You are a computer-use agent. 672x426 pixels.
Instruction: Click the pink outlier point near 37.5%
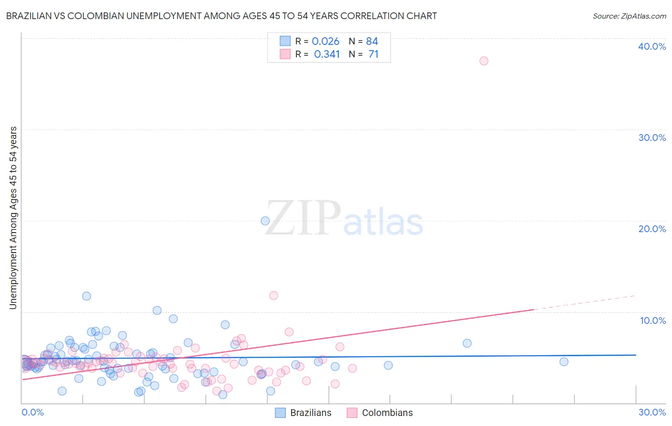(484, 61)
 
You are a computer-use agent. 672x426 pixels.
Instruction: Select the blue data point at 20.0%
(265, 221)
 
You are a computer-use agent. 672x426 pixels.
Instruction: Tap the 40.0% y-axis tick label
(652, 46)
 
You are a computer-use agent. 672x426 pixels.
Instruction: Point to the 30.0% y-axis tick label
(652, 138)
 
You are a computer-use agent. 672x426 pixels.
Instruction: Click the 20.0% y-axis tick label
(652, 229)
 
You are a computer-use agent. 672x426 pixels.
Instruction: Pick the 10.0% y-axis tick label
(653, 320)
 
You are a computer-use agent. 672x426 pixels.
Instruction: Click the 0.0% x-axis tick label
(33, 412)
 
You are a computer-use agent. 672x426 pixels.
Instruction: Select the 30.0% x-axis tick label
(652, 412)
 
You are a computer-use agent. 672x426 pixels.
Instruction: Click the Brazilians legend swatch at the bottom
(281, 413)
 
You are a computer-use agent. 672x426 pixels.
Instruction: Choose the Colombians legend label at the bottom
(387, 413)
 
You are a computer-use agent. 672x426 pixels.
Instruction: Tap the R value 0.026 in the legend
(325, 42)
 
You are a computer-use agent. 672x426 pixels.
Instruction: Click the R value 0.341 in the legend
(327, 54)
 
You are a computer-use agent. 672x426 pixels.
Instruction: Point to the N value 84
(372, 42)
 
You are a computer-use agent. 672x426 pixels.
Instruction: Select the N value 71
(373, 54)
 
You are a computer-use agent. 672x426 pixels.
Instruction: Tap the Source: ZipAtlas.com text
(629, 16)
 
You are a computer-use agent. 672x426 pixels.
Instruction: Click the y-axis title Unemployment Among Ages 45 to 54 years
(13, 217)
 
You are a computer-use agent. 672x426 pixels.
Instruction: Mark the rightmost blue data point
(564, 362)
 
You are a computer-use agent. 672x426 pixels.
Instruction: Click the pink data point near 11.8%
(273, 295)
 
